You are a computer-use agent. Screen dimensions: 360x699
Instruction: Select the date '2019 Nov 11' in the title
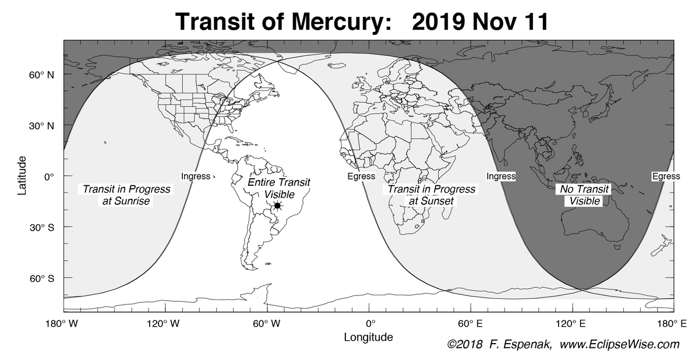click(x=480, y=22)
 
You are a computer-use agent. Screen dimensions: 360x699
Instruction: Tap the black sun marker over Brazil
click(x=278, y=206)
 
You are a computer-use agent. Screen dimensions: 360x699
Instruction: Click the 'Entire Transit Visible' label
click(x=279, y=188)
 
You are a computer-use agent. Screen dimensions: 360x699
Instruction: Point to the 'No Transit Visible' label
click(x=584, y=195)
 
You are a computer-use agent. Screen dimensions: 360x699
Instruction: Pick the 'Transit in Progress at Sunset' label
click(x=431, y=195)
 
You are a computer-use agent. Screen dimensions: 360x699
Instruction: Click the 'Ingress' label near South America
click(x=195, y=177)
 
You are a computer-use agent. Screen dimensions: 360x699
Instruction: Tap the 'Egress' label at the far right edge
click(x=666, y=177)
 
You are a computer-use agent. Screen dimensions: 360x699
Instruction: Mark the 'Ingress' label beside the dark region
click(x=501, y=177)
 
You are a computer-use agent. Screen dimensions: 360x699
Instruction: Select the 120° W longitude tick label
click(x=165, y=323)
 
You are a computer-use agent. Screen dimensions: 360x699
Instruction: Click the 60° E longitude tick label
click(x=470, y=323)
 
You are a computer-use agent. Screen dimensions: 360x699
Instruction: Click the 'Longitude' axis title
click(x=368, y=337)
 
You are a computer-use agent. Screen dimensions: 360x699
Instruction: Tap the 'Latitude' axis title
click(x=22, y=175)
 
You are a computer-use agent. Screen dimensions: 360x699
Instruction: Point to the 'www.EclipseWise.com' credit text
click(x=620, y=345)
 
